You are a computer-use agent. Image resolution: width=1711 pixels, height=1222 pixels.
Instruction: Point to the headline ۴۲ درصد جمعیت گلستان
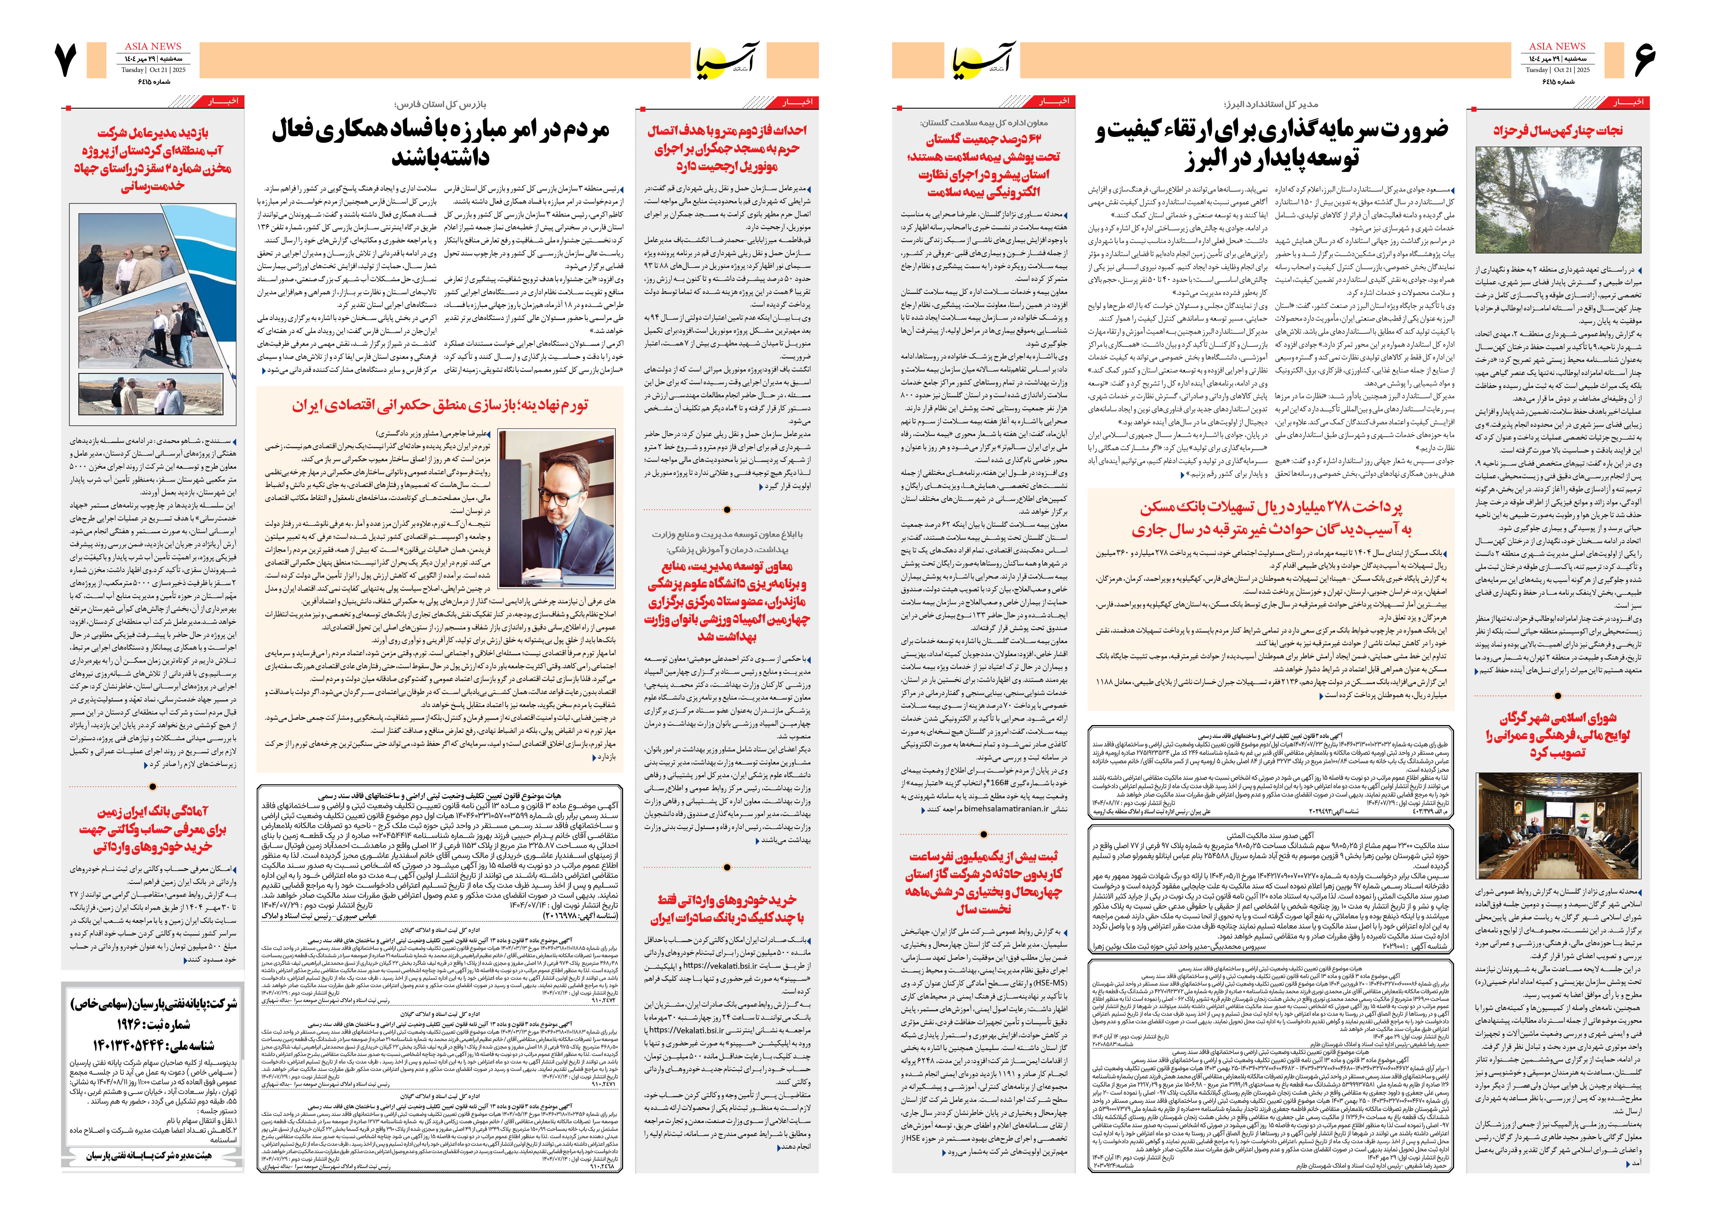(983, 165)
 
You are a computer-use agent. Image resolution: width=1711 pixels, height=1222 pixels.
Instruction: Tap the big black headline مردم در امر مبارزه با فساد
(440, 143)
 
